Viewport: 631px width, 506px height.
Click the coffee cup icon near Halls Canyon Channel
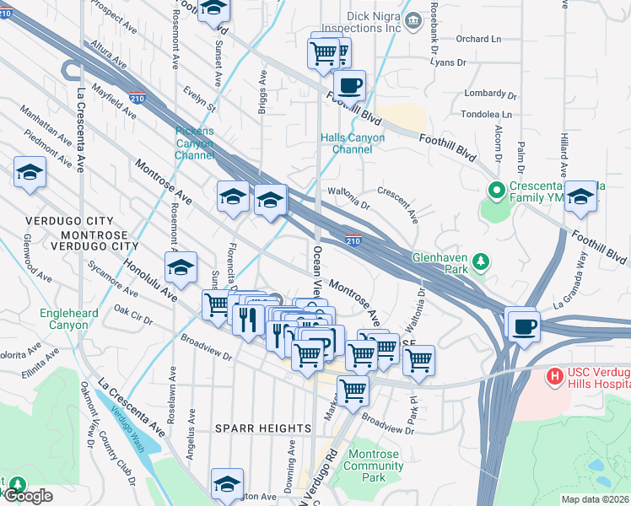pos(349,85)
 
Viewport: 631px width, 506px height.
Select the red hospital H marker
pos(557,374)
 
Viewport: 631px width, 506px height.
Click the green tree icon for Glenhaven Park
pos(481,261)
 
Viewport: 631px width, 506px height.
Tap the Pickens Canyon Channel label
pos(195,143)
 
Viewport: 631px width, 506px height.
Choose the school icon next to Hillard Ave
pos(580,196)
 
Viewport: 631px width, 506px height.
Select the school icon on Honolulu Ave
pos(181,267)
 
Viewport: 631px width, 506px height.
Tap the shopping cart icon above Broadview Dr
pos(353,390)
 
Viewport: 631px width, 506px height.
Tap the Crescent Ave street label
pos(399,205)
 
